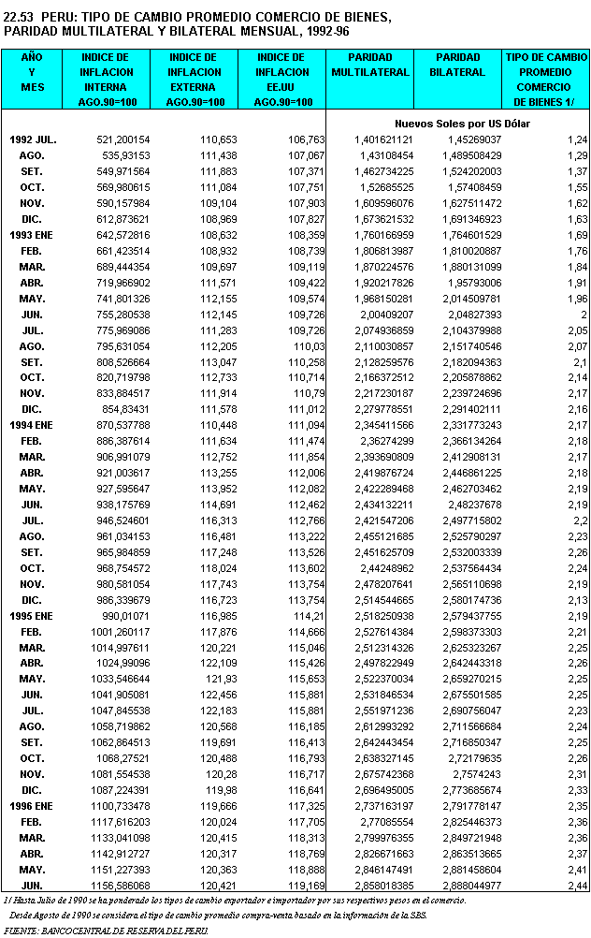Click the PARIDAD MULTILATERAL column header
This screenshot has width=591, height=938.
371,65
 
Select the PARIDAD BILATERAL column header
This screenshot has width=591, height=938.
458,65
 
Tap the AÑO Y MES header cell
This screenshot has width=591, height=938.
32,72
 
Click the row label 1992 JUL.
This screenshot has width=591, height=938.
33,139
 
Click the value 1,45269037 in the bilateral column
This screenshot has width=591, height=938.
467,139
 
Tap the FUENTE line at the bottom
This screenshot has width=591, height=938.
107,931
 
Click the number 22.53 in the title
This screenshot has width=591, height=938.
21,18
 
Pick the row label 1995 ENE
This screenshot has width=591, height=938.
33,616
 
